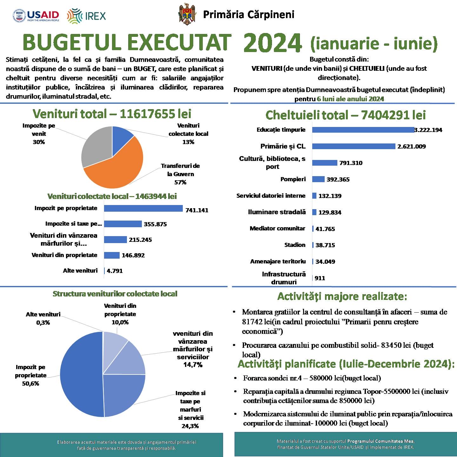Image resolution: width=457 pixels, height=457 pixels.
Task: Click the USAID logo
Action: (x=36, y=16)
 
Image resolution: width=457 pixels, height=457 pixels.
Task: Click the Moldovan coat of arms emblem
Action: (x=187, y=14)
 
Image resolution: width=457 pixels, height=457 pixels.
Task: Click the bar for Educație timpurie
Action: (x=363, y=130)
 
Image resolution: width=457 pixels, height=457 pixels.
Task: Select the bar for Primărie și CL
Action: (x=354, y=146)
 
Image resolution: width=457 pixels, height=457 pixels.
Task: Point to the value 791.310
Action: (x=351, y=163)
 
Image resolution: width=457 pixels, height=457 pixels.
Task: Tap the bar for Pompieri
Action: (x=318, y=179)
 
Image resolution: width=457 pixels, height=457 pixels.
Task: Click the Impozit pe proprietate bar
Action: (x=143, y=209)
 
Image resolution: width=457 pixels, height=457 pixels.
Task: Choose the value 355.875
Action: (x=155, y=224)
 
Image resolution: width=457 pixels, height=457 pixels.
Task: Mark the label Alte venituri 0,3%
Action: (x=43, y=318)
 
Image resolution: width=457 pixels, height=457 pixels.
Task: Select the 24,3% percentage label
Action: (x=190, y=426)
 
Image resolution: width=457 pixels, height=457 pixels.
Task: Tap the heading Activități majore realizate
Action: (x=342, y=296)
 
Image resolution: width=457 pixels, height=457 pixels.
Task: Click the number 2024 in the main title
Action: (x=273, y=43)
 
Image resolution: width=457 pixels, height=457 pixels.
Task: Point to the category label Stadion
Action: (x=295, y=245)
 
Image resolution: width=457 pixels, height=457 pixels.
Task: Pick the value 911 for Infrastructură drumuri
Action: (x=320, y=278)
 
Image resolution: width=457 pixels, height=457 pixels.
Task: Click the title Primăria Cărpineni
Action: (x=248, y=15)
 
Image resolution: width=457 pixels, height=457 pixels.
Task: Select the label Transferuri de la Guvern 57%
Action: (x=180, y=174)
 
